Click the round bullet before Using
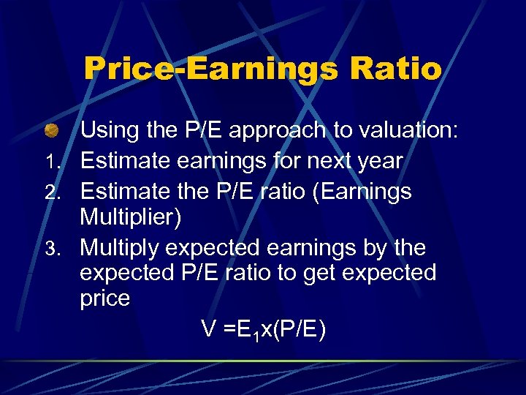(50, 132)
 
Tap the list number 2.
(64, 193)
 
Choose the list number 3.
(64, 249)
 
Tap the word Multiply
(120, 249)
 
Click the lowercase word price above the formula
(105, 299)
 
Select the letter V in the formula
(209, 330)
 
